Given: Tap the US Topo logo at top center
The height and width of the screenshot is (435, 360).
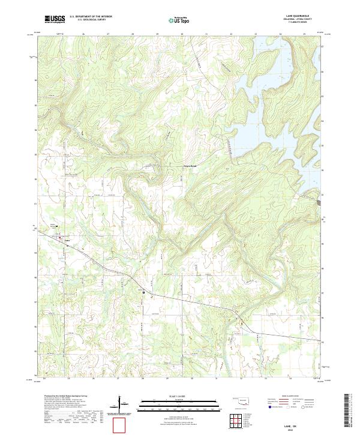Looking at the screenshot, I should pos(174,20).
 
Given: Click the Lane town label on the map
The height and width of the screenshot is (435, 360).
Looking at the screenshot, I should pos(67,242).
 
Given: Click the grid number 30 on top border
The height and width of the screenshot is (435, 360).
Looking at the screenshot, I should pos(182,34).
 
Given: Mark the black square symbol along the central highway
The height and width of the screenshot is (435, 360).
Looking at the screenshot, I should pos(144,292).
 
